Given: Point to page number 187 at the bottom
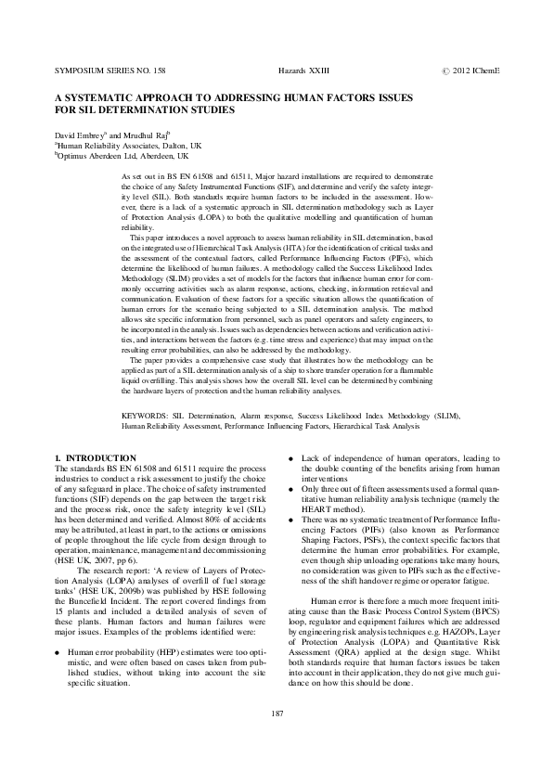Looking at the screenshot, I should pos(277,739).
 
